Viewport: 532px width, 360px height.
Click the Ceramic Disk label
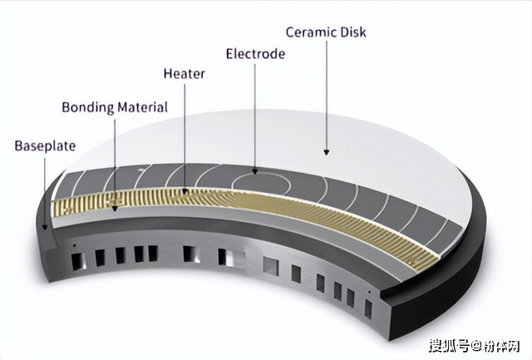click(326, 32)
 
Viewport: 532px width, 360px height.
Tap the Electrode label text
click(255, 54)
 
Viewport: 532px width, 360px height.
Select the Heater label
click(185, 74)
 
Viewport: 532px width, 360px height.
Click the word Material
click(142, 107)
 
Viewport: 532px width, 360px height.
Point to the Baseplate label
click(45, 145)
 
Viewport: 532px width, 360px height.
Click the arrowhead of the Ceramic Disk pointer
click(327, 152)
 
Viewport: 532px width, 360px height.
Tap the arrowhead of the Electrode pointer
click(255, 171)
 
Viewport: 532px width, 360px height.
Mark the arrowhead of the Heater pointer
click(185, 191)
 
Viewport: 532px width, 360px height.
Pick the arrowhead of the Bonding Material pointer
click(115, 209)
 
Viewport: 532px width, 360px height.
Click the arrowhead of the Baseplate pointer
click(44, 227)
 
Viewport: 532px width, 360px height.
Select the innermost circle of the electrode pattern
click(262, 174)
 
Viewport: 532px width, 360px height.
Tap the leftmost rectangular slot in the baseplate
click(77, 261)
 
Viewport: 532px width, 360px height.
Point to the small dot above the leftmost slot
click(75, 245)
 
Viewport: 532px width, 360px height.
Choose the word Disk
click(354, 32)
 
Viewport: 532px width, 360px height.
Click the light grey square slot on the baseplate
click(271, 266)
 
